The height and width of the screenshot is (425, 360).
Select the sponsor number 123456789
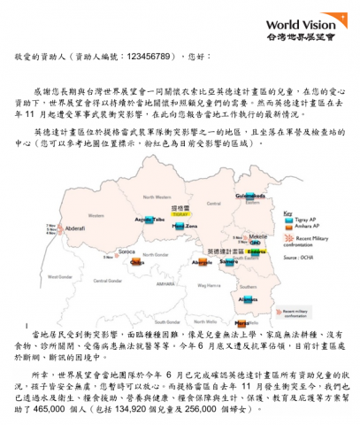coord(134,64)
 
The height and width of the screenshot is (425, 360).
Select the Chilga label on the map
coord(136,263)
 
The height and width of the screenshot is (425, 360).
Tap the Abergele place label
coord(202,263)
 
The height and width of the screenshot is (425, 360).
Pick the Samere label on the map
coord(229,262)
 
